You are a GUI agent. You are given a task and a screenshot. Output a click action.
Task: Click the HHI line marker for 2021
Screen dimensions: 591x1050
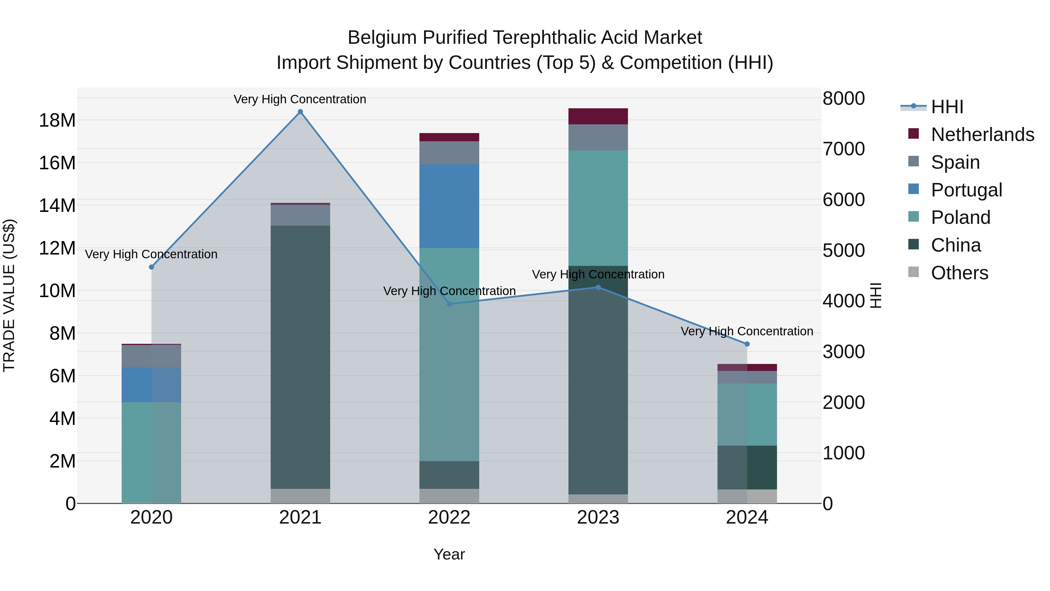[x=300, y=112]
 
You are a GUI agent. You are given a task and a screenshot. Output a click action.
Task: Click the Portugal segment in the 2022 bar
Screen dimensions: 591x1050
[x=449, y=206]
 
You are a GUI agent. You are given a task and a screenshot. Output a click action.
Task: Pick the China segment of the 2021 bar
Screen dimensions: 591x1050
[x=300, y=357]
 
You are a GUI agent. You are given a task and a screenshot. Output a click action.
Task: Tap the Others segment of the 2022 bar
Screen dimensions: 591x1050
[x=449, y=496]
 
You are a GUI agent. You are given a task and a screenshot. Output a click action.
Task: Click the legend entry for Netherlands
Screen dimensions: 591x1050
[x=982, y=135]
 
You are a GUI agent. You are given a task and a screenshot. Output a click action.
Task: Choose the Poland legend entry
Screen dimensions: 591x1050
[x=960, y=217]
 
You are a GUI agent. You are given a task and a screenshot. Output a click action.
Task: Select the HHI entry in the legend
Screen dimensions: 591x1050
[x=947, y=107]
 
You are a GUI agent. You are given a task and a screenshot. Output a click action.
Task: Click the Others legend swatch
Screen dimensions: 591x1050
[x=914, y=272]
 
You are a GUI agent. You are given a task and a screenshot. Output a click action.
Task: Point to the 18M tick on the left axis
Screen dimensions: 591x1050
[x=57, y=120]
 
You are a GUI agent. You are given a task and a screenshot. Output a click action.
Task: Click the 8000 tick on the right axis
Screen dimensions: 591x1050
[x=843, y=98]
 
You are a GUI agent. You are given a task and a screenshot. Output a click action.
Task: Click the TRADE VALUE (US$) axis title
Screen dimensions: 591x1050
[x=9, y=295]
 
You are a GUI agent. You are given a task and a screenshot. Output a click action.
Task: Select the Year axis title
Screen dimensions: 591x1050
[x=449, y=554]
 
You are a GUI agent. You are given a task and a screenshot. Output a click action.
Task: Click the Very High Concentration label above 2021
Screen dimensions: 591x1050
[x=300, y=99]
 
